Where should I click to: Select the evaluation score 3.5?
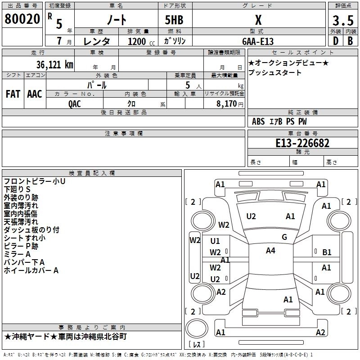(x=342, y=20)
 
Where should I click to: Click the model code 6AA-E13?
(x=257, y=41)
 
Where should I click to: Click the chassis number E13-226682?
(x=302, y=143)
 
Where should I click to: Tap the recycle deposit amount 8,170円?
(x=230, y=103)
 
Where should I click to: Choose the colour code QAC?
(x=75, y=103)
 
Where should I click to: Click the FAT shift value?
(x=13, y=94)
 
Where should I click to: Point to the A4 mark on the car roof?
(x=270, y=251)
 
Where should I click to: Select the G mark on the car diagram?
(x=284, y=237)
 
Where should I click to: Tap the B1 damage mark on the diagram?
(x=327, y=252)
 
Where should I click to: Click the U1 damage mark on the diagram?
(x=215, y=241)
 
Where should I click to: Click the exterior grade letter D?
(x=335, y=40)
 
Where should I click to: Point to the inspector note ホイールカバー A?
(x=31, y=270)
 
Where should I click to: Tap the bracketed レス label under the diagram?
(x=196, y=345)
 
